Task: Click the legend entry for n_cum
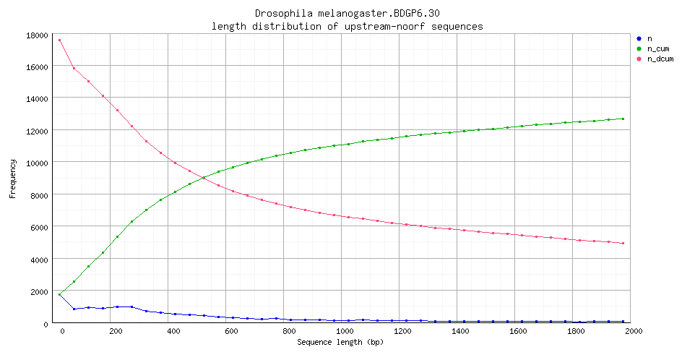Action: point(657,48)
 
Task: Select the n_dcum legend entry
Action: point(660,59)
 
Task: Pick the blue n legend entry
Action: point(649,38)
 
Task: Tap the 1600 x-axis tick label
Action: point(517,331)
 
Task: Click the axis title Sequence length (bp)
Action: point(340,341)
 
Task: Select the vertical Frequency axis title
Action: point(12,179)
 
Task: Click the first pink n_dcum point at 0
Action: point(59,40)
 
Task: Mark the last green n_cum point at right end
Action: point(623,119)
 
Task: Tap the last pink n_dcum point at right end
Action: point(623,243)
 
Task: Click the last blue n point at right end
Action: point(623,321)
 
